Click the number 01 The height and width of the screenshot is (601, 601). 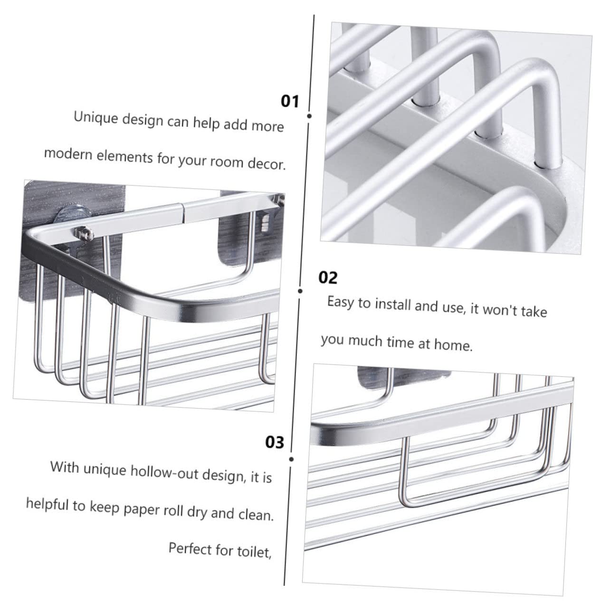pos(290,101)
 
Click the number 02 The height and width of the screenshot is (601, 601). pos(328,277)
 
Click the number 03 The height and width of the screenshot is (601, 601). pos(275,442)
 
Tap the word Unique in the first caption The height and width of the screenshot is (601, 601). pos(95,118)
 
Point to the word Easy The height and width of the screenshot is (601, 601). pos(341,302)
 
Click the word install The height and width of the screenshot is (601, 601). pos(393,305)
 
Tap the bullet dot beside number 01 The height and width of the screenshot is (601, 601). pos(309,116)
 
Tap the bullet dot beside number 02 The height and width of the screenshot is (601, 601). pos(300,291)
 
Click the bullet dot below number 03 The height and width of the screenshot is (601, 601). pos(292,459)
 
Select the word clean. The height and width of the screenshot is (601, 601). pos(256,515)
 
